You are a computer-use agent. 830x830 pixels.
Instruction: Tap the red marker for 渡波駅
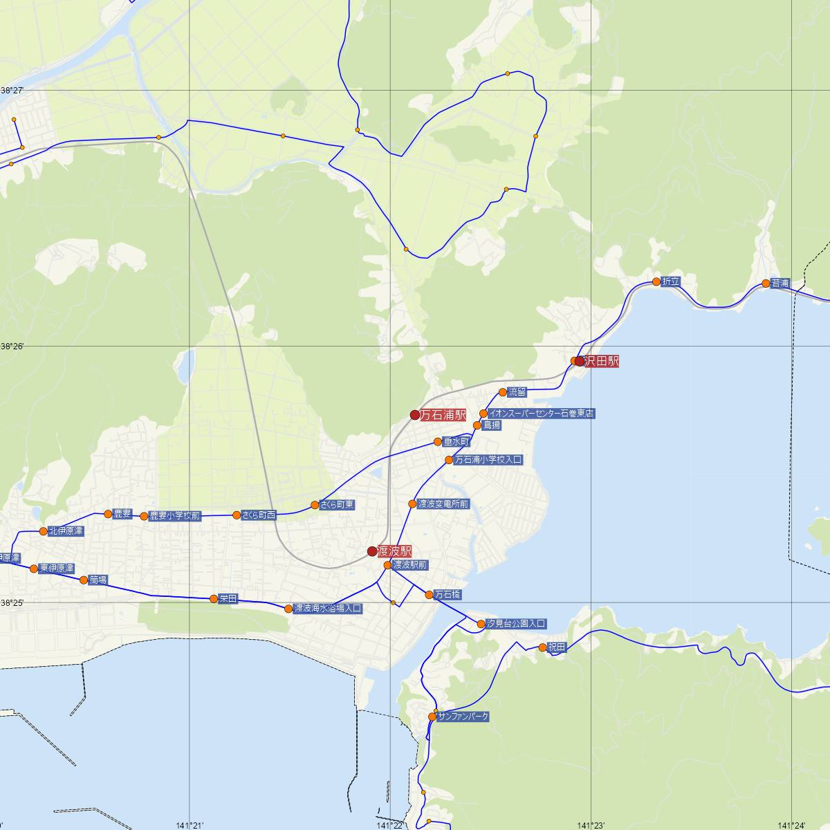click(x=372, y=551)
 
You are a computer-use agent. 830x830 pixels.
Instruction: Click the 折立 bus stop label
click(x=671, y=282)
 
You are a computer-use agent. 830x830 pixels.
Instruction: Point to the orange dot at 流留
click(x=503, y=392)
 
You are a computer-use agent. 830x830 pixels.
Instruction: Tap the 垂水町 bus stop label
click(x=456, y=441)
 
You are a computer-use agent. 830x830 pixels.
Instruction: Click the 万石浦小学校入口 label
click(x=488, y=459)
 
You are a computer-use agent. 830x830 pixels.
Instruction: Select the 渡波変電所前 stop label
click(x=443, y=504)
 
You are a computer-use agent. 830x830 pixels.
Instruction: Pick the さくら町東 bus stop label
click(x=337, y=505)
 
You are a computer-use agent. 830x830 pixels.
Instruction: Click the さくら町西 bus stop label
click(x=259, y=515)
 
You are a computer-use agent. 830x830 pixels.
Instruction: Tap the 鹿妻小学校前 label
click(x=175, y=516)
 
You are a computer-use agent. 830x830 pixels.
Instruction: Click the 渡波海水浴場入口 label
click(x=328, y=609)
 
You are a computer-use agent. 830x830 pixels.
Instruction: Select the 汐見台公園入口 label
click(x=516, y=624)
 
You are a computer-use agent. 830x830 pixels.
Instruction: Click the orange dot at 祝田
click(x=542, y=648)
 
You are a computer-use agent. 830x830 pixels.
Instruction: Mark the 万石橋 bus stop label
click(x=448, y=595)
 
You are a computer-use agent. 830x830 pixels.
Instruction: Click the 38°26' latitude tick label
click(x=12, y=346)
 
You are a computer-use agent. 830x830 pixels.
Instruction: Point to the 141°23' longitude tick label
click(x=593, y=824)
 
